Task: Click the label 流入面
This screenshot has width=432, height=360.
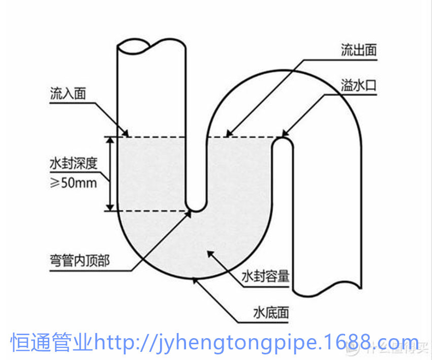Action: pyautogui.click(x=68, y=94)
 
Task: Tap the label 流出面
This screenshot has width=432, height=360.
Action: pyautogui.click(x=359, y=50)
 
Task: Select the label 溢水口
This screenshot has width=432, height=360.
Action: pyautogui.click(x=359, y=85)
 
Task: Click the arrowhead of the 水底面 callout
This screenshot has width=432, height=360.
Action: pyautogui.click(x=194, y=279)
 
